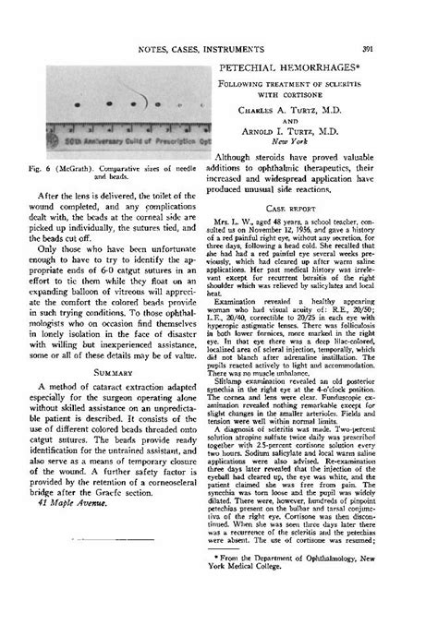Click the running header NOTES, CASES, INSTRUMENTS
(219, 48)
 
